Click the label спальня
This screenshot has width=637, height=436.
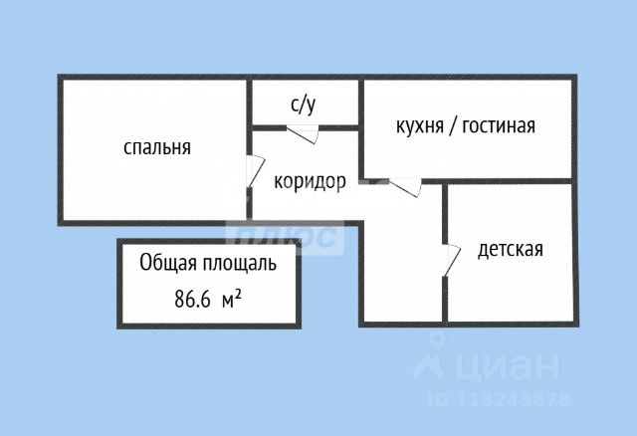156,148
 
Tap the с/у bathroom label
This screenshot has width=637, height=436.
304,103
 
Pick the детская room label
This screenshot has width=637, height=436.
510,249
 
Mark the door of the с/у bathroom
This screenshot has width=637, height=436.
303,133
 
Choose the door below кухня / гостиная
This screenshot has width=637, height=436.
406,186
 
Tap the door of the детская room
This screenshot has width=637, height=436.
450,260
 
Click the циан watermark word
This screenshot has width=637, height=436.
507,367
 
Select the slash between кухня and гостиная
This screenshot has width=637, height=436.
455,126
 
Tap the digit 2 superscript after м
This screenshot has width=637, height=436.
240,293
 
